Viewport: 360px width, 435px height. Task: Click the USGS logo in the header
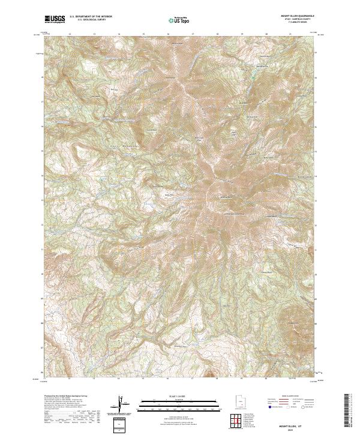(55, 19)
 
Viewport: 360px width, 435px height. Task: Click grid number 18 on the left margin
(41, 77)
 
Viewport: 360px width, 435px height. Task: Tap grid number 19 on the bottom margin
(241, 379)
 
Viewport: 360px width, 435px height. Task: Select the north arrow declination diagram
(122, 406)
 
